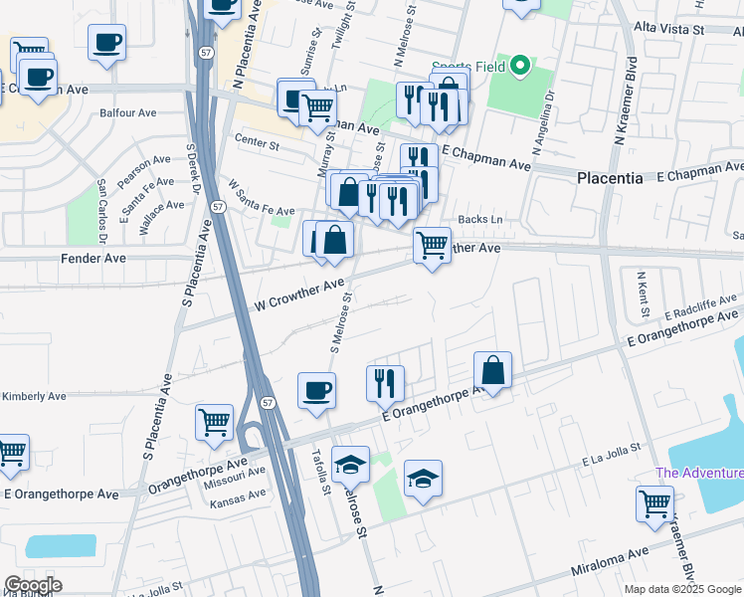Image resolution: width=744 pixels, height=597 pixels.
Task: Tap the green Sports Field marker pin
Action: point(518,68)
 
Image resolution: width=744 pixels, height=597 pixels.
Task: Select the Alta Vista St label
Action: point(668,29)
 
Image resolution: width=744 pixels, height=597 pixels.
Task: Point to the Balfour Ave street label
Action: point(129,113)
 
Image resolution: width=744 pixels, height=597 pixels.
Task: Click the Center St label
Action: point(257,143)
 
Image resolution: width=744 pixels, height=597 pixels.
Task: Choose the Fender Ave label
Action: point(102,258)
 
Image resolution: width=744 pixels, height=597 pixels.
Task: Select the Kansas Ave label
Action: point(238,495)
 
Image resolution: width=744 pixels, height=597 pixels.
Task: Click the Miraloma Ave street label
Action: point(611,561)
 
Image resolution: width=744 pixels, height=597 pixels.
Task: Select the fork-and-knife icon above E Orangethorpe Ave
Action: point(384,382)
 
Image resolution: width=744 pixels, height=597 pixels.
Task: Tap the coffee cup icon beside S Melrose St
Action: point(317,389)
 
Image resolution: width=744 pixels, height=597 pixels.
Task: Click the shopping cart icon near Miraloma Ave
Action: point(654,502)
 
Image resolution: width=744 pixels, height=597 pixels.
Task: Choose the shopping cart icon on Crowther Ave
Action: point(432,244)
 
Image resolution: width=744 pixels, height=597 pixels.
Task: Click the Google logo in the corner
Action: point(33,585)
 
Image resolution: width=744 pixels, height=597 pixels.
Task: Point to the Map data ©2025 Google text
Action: point(682,589)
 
